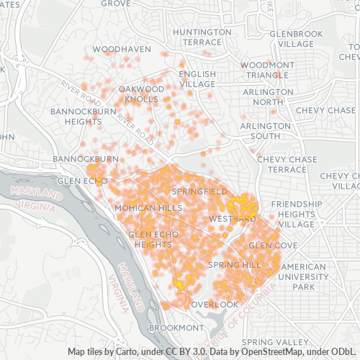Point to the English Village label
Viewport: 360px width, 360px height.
pos(197,78)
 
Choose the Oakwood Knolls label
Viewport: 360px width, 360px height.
pos(141,94)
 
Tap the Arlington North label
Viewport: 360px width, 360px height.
pos(263,96)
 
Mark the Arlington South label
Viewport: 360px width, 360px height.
pos(260,130)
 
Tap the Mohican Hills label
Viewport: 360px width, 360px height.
pos(148,207)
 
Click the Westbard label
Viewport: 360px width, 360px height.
pos(232,218)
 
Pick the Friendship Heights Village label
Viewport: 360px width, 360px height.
pos(297,214)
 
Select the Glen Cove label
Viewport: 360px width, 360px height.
pos(273,246)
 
